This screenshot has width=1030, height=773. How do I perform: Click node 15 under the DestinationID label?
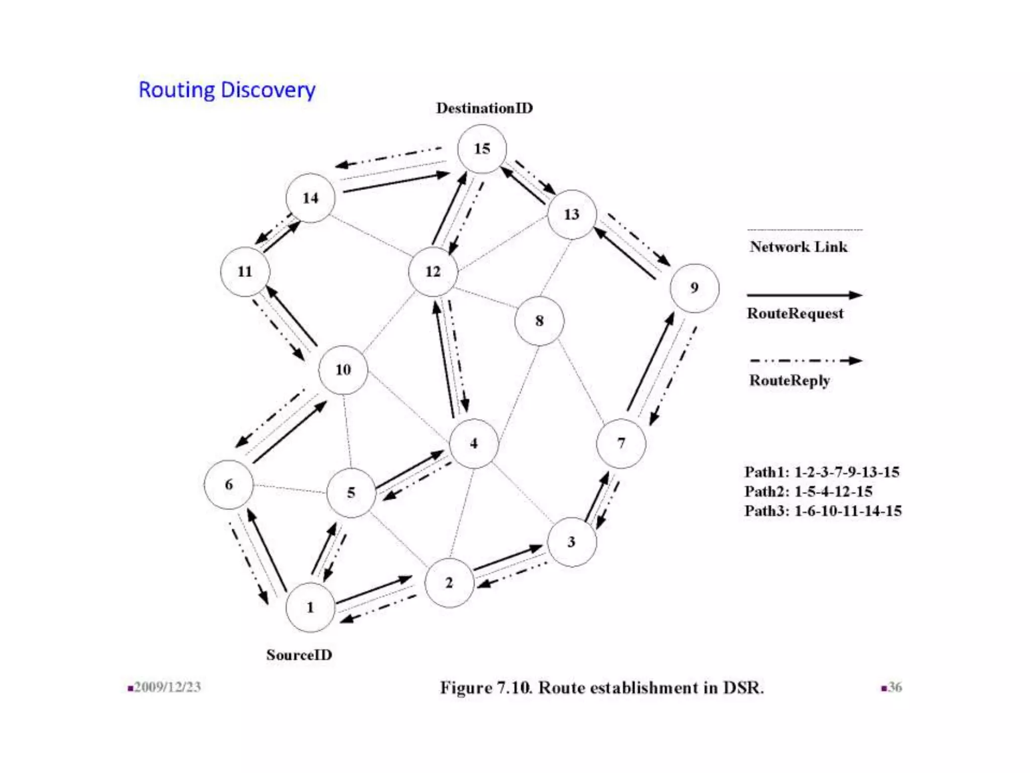482,149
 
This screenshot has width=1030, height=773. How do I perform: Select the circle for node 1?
310,607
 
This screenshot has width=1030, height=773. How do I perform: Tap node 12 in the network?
433,272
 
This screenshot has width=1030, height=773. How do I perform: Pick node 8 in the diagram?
539,321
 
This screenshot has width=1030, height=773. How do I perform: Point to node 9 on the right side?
694,288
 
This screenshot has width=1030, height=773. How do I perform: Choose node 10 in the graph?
343,370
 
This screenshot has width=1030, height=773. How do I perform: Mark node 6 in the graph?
229,484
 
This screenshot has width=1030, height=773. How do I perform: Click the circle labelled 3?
571,542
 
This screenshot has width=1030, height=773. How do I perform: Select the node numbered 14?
310,198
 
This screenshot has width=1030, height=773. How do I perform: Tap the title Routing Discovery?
227,90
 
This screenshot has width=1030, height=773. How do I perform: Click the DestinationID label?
484,108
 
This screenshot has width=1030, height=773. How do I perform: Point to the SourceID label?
299,655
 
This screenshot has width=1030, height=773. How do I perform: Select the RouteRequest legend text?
795,314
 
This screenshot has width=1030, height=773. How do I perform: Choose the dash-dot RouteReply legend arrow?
805,361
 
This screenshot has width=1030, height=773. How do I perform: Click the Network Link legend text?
798,247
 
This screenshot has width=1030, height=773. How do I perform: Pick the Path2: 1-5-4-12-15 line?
808,491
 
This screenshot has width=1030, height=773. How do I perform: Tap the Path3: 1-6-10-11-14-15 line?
823,511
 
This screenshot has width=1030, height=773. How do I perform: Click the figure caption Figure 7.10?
602,687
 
